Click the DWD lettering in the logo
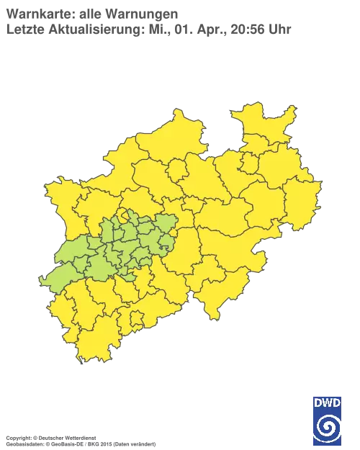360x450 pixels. coord(328,402)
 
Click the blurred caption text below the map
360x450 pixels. coord(79,438)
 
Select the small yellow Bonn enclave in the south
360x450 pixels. coord(135,318)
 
